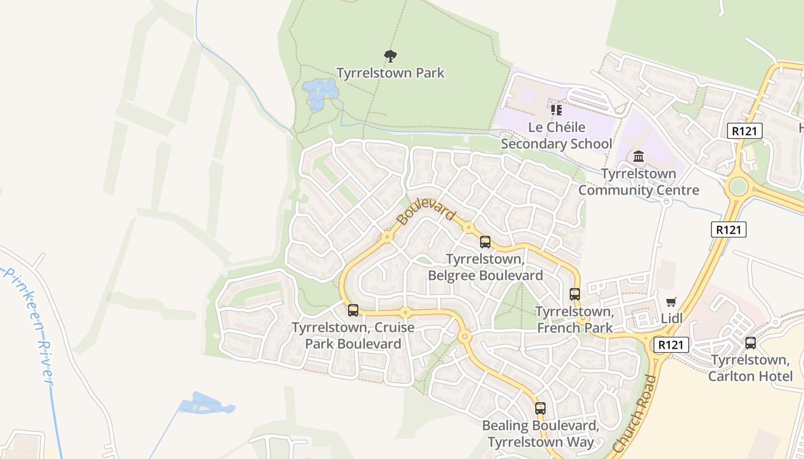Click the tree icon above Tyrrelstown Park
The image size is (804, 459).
[391, 56]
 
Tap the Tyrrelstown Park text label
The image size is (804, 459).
[391, 73]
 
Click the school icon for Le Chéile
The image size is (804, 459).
[556, 110]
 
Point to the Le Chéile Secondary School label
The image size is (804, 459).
[556, 135]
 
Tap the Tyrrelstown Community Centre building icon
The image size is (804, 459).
[639, 156]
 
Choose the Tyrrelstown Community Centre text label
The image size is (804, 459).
[639, 182]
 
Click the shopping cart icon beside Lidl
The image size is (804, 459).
[671, 302]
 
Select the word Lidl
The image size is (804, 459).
[671, 318]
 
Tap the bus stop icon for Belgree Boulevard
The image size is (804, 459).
[485, 242]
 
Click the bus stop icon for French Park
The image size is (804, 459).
[575, 294]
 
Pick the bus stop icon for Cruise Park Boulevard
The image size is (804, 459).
[353, 310]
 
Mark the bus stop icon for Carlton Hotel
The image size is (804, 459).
[750, 343]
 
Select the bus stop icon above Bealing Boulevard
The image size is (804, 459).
[540, 409]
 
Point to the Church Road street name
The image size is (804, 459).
[635, 413]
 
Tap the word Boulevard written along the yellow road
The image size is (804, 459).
[426, 212]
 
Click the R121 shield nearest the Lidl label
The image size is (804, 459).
[671, 345]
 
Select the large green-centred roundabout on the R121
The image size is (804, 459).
[738, 186]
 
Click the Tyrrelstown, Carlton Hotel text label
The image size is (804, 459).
[750, 368]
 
